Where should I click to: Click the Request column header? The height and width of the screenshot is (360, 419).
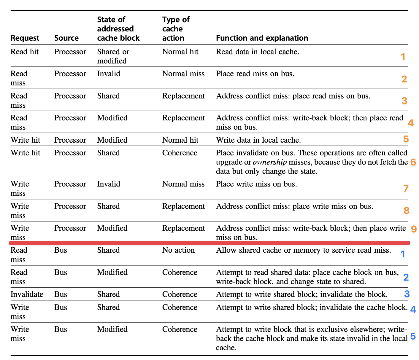[x=25, y=38]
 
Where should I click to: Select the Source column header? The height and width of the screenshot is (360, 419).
[x=66, y=38]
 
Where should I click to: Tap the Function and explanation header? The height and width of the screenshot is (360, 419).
[x=262, y=38]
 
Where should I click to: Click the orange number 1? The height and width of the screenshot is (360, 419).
[x=403, y=57]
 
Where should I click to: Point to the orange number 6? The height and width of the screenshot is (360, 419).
[x=413, y=162]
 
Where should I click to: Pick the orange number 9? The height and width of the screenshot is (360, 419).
[x=414, y=229]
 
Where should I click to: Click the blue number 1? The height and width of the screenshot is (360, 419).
[x=403, y=254]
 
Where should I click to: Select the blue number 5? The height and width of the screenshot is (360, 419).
[x=413, y=336]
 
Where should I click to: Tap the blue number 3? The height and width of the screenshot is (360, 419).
[x=407, y=294]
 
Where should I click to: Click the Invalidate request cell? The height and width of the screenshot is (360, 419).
[x=27, y=294]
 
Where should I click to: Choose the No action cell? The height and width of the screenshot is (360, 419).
[x=178, y=250]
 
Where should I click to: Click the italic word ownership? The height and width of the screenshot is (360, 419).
[x=269, y=162]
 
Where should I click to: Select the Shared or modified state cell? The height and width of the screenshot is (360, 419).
[x=113, y=56]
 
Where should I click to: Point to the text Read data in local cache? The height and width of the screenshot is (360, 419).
[x=257, y=52]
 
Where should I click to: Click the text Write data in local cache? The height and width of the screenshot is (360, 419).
[x=258, y=140]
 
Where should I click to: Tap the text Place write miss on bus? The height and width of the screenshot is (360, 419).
[x=256, y=184]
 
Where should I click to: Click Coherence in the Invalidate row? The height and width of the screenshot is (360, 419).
[x=180, y=294]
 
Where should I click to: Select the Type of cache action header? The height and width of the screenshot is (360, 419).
[x=176, y=29]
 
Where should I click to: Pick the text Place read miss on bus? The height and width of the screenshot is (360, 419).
[x=255, y=74]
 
